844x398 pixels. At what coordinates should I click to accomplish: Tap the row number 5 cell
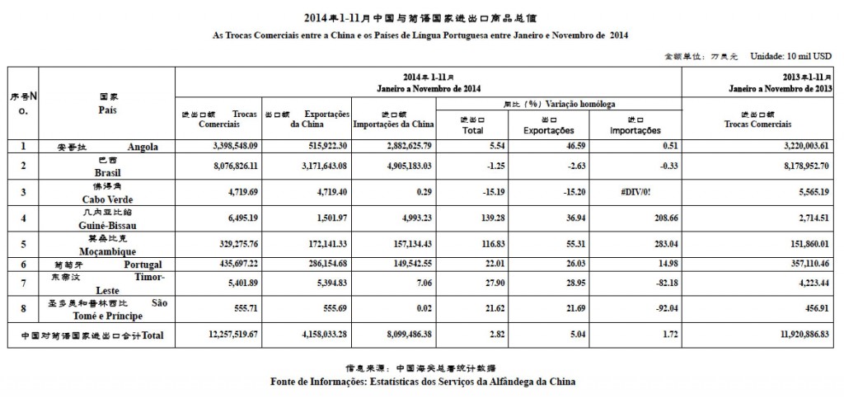[24, 243]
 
